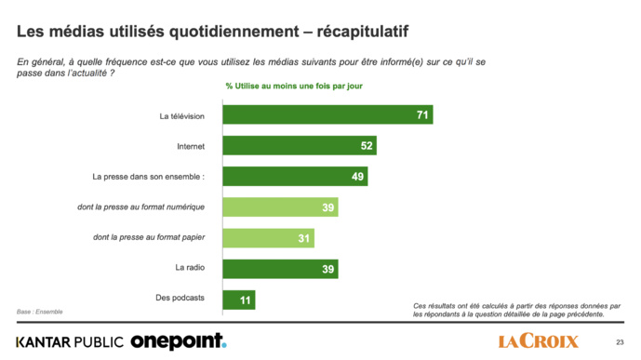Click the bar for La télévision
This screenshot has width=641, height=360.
point(326,115)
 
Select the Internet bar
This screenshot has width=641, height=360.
point(298,146)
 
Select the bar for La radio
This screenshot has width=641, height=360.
point(279,269)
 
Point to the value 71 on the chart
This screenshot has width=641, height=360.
point(421,115)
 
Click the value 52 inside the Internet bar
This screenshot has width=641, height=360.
point(367,146)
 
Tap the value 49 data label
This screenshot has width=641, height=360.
point(358,177)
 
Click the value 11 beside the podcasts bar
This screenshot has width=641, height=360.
point(245,300)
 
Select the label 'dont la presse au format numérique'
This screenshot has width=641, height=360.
point(154,207)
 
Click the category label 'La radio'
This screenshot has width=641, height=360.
point(190,269)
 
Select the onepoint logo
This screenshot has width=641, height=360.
point(178,341)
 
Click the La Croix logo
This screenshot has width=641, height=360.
point(539,340)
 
